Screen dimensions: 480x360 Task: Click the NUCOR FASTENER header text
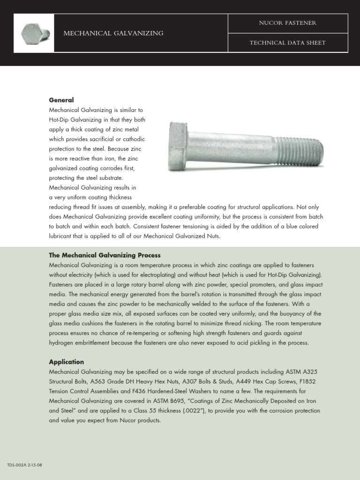click(x=288, y=23)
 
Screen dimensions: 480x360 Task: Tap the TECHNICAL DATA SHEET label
click(x=288, y=43)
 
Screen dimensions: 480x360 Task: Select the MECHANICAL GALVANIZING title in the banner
click(x=113, y=33)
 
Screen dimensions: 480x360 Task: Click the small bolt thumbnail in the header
click(x=34, y=33)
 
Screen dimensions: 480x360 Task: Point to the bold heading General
click(x=61, y=100)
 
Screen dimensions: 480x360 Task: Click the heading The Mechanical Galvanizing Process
click(x=105, y=255)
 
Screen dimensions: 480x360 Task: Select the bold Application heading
click(x=67, y=362)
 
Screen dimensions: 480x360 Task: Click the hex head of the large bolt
click(x=178, y=146)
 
